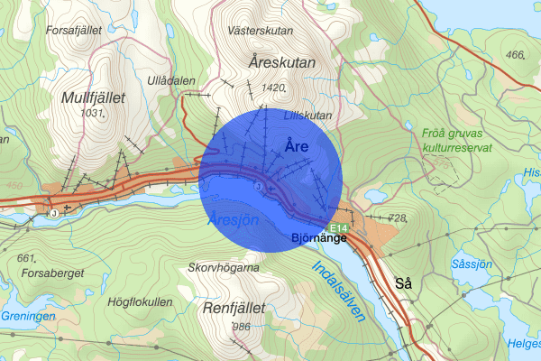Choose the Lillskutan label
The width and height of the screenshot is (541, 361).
pos(307,116)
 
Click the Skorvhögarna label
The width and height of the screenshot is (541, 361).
pos(224,268)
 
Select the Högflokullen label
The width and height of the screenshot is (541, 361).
pos(139,301)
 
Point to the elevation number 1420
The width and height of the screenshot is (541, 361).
pos(270,88)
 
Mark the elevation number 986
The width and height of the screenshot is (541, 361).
pos(241,326)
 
